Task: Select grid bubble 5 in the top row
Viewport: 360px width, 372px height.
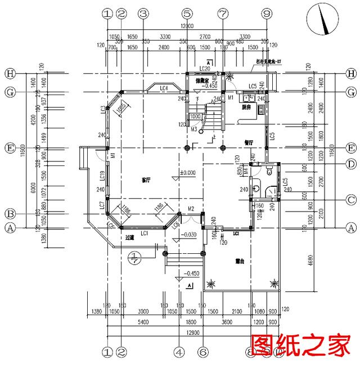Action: click(187, 13)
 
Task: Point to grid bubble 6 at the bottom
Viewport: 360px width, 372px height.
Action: click(202, 352)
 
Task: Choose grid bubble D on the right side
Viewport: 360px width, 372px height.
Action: click(352, 164)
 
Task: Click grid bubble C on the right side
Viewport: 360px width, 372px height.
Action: click(352, 200)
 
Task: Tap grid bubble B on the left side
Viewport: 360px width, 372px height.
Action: click(9, 214)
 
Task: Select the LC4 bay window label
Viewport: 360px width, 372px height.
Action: click(164, 88)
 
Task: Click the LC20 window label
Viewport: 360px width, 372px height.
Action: click(205, 69)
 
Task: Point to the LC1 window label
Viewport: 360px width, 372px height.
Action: click(144, 233)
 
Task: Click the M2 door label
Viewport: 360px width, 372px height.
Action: click(191, 209)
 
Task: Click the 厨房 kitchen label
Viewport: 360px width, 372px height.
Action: click(246, 106)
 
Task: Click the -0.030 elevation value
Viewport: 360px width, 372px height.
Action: click(190, 235)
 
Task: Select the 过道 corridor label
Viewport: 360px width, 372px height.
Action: click(130, 239)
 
